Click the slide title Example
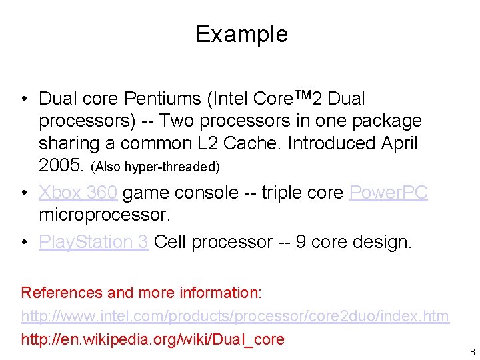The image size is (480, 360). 241,34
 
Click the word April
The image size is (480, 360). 399,143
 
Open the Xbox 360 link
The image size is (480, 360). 78,193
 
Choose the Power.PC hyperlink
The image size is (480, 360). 388,193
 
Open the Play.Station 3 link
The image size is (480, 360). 93,242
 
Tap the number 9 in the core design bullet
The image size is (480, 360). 301,242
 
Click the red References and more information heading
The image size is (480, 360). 141,293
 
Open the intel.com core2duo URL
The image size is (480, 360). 235,316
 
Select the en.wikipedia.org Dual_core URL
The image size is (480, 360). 153,339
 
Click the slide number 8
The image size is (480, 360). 472,352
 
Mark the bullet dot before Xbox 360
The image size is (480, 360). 24,193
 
